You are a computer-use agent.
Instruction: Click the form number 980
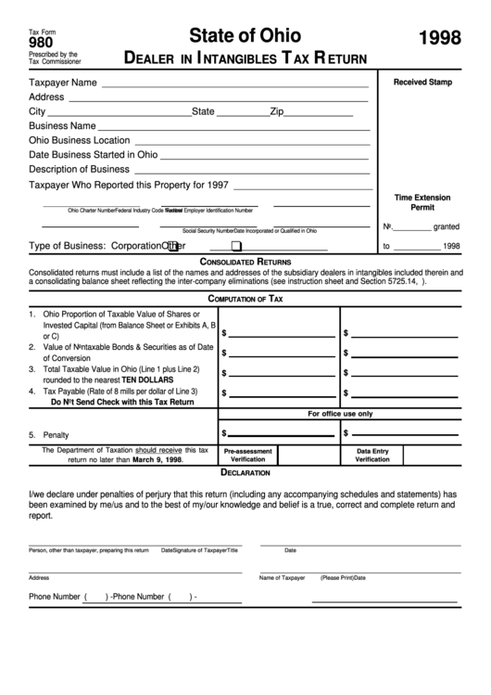point(41,42)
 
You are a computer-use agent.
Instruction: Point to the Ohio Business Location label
point(79,140)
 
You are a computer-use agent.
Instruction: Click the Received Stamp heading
point(422,83)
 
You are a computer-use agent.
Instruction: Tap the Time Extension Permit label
point(422,203)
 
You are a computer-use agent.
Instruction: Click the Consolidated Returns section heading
point(245,263)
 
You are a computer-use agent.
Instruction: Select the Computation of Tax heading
point(245,299)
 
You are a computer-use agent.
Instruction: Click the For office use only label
point(339,414)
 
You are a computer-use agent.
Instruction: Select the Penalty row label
point(56,434)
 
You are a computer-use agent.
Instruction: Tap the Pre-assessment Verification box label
point(247,455)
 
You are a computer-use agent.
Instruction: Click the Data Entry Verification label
point(372,455)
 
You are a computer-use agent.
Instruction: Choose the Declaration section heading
point(245,472)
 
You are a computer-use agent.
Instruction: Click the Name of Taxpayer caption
point(282,577)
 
